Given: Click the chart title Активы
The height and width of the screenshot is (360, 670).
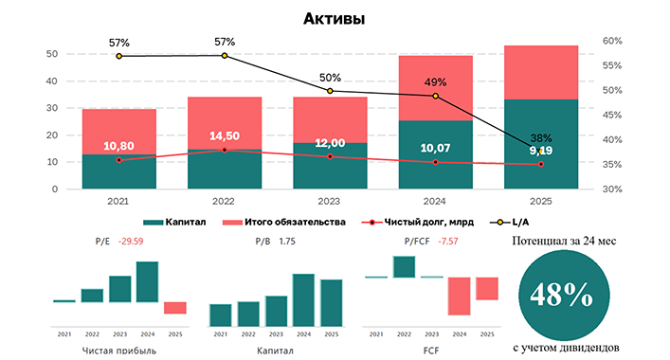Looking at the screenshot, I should pyautogui.click(x=335, y=18).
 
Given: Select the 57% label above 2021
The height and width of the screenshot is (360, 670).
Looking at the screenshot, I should pyautogui.click(x=119, y=43).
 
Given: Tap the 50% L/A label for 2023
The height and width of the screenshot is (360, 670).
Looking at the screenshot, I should pyautogui.click(x=331, y=78).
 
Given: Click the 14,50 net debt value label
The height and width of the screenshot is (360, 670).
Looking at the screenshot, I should pyautogui.click(x=225, y=135).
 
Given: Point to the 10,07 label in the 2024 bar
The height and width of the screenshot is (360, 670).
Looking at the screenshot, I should pyautogui.click(x=436, y=148).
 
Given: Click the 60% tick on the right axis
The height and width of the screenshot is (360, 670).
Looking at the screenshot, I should pyautogui.click(x=611, y=41).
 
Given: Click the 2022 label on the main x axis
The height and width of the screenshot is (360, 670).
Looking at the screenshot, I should pyautogui.click(x=225, y=201).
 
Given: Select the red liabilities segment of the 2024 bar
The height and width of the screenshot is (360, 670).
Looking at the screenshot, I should pyautogui.click(x=436, y=87).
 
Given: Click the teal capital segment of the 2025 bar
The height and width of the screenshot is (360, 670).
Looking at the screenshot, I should pyautogui.click(x=541, y=142).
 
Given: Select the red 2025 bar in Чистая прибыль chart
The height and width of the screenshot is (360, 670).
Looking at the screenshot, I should pyautogui.click(x=174, y=308).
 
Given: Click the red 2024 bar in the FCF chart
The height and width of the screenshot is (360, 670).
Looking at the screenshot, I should pyautogui.click(x=459, y=296).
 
